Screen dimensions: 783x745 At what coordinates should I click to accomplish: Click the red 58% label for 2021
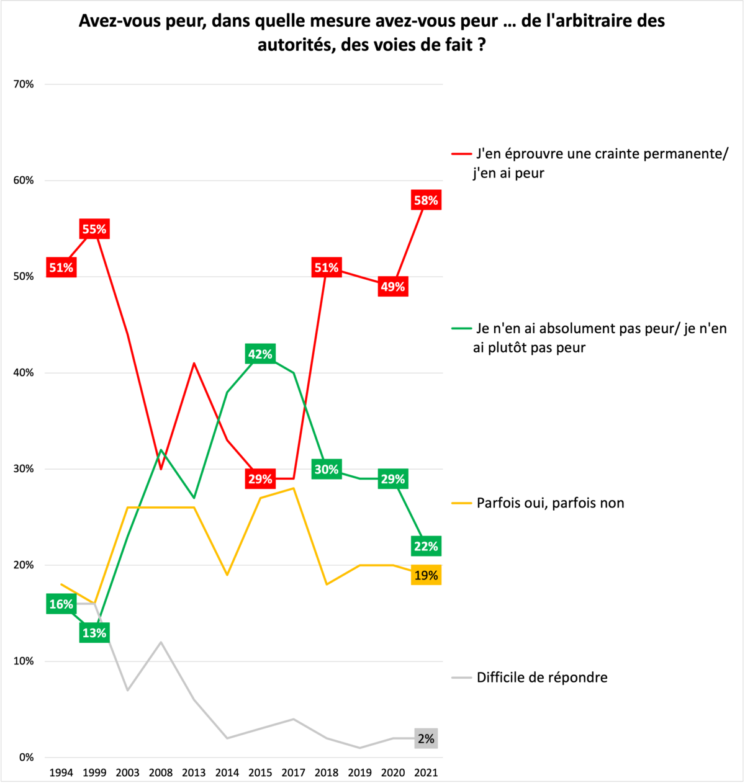426,200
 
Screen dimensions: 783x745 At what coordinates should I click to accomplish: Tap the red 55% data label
94,229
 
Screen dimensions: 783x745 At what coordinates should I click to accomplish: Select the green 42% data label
260,354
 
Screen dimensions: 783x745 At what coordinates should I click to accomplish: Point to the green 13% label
94,633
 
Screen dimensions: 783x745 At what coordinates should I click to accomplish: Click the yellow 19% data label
426,575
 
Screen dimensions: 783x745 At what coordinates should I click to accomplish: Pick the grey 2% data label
426,739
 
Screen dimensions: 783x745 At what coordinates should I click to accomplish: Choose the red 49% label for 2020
392,287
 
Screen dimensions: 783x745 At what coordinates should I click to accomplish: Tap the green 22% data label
426,547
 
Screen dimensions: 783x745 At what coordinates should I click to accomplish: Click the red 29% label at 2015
260,479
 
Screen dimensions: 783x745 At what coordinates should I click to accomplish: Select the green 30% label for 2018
327,470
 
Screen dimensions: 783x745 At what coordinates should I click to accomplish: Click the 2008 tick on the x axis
161,772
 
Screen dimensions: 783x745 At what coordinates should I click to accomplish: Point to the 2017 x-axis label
294,772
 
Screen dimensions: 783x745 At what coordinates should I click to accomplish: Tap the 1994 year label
61,772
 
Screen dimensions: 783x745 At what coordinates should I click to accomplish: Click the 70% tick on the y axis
24,84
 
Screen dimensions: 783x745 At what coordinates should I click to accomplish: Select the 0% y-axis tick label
26,758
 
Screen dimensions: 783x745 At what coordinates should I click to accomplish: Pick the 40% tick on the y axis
24,373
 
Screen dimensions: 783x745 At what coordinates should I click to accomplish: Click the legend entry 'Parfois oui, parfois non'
550,503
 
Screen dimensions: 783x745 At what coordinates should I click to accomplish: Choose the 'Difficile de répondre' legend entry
542,678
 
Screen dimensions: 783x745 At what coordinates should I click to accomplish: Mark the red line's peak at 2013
194,363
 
